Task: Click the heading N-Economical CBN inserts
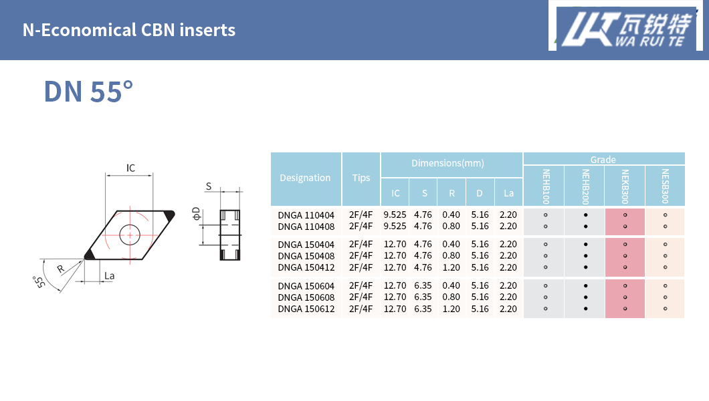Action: pyautogui.click(x=129, y=30)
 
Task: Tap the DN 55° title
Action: pyautogui.click(x=88, y=91)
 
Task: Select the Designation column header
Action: pyautogui.click(x=305, y=178)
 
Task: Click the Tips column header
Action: pyautogui.click(x=361, y=178)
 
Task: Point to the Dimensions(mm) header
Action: pyautogui.click(x=447, y=163)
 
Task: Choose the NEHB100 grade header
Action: pyautogui.click(x=546, y=186)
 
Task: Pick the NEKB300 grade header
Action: pyautogui.click(x=625, y=186)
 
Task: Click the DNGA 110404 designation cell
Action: pyautogui.click(x=306, y=215)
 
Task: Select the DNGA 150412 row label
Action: pyautogui.click(x=306, y=267)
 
